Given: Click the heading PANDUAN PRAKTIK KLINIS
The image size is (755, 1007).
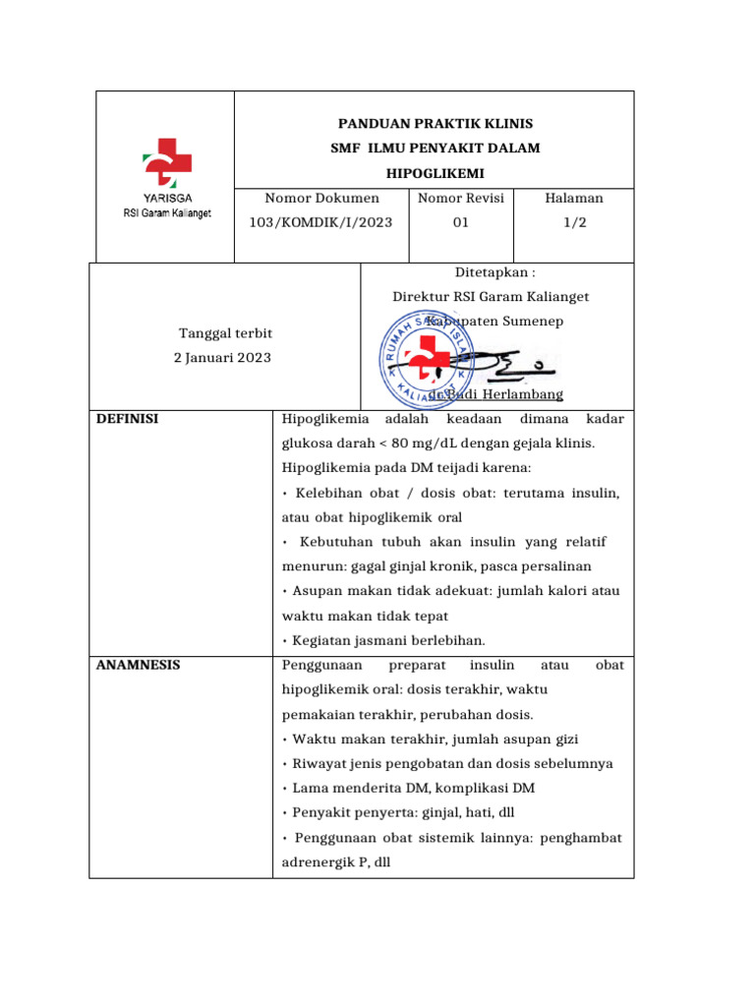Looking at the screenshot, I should pos(436,124).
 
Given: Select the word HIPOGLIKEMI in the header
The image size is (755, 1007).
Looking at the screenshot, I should pos(436,172).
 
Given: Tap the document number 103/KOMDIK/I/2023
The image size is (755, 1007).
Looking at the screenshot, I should pos(320,222).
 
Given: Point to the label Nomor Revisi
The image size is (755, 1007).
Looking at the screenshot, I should pos(460,198).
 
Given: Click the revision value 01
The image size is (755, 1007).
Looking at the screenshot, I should pos(460,222).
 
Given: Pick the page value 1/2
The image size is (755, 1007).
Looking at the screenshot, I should pos(573,222).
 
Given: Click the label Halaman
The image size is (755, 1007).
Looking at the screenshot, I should pos(573,198).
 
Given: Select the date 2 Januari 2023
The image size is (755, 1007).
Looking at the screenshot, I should pos(222,357).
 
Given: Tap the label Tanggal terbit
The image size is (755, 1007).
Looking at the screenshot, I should pos(225,333).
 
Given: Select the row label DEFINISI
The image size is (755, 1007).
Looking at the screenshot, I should pos(128,419).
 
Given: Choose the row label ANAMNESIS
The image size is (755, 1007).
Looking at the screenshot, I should pos(139,665).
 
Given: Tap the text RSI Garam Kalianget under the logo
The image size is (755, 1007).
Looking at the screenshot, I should pos(166,213).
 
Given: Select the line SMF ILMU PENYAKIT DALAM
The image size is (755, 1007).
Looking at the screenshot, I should pos(436,148).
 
